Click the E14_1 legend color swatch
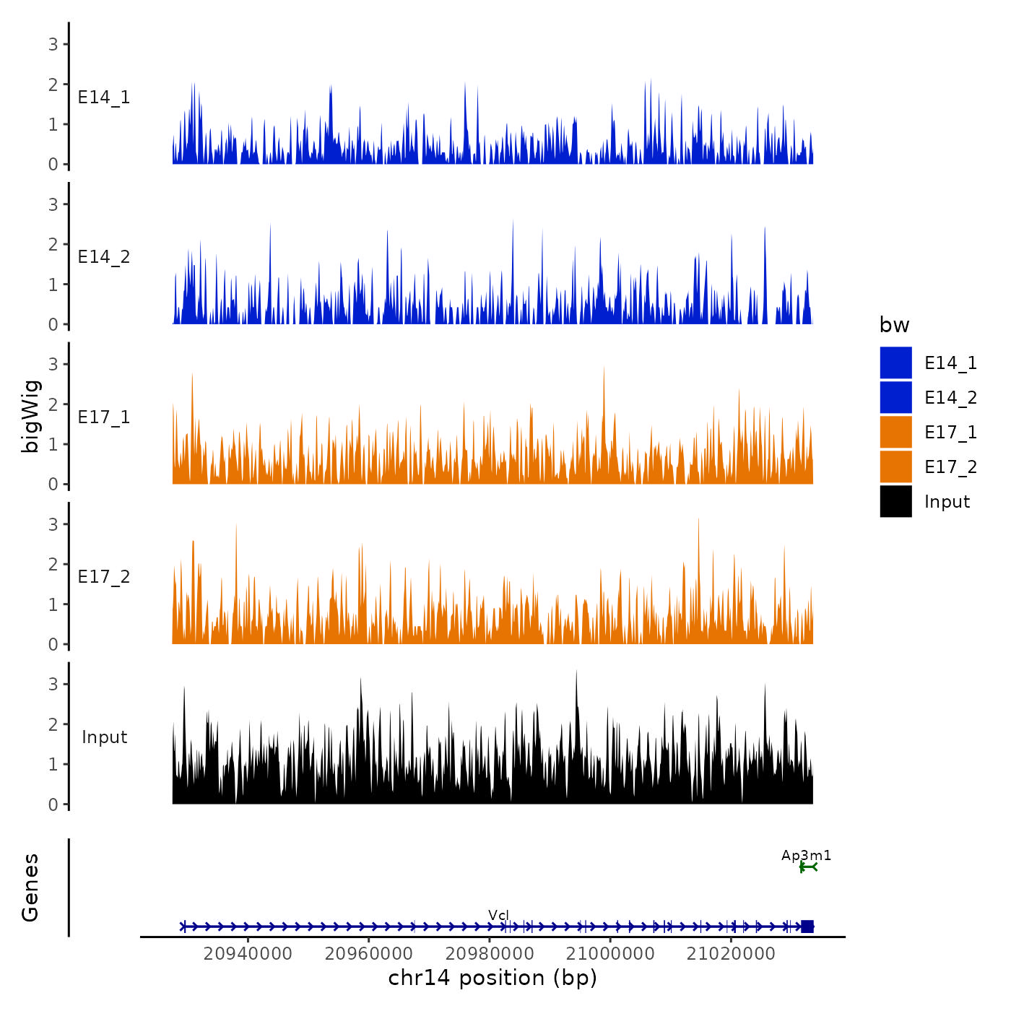click(x=895, y=363)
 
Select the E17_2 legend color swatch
click(x=895, y=467)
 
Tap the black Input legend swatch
click(x=895, y=501)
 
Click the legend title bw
click(x=894, y=325)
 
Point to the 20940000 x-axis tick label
click(x=248, y=953)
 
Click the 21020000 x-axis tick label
click(x=731, y=953)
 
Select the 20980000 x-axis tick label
click(x=490, y=953)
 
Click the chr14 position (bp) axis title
click(x=493, y=978)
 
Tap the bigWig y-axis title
click(x=30, y=416)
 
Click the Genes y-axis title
click(x=30, y=888)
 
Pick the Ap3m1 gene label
click(x=806, y=856)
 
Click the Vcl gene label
click(x=498, y=915)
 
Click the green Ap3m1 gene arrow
click(x=808, y=867)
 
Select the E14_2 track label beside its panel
click(x=104, y=257)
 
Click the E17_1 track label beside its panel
click(x=104, y=417)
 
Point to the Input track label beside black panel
click(x=104, y=737)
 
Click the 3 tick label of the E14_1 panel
click(x=53, y=44)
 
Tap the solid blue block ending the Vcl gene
click(x=807, y=927)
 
